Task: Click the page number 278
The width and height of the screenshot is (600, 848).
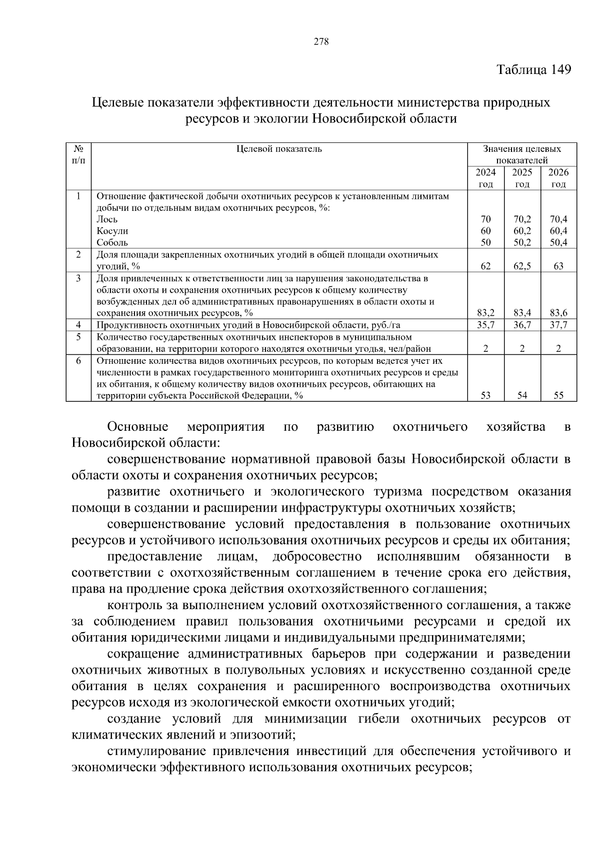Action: point(321,42)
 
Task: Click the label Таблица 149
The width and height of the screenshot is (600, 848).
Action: point(533,69)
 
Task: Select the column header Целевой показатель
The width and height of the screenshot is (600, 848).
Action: point(279,149)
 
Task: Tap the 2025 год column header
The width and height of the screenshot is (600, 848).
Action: point(522,178)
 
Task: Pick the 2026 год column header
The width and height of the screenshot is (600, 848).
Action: point(558,178)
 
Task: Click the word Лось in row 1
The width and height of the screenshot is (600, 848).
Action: point(107,219)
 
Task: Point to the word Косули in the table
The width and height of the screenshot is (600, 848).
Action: point(112,231)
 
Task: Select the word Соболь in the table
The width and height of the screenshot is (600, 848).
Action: point(112,243)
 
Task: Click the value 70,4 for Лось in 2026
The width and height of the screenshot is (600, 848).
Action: point(558,219)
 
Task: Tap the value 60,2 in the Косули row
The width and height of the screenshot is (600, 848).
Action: point(522,231)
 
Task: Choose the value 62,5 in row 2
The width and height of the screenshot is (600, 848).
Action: point(522,266)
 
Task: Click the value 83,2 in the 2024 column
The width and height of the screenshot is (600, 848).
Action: point(485,313)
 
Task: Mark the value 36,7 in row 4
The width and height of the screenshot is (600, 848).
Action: point(522,325)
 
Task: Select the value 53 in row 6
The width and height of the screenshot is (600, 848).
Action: point(485,396)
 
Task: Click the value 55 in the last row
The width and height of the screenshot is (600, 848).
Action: point(558,396)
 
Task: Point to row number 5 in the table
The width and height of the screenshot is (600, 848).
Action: point(78,337)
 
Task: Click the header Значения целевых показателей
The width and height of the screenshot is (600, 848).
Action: point(522,154)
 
